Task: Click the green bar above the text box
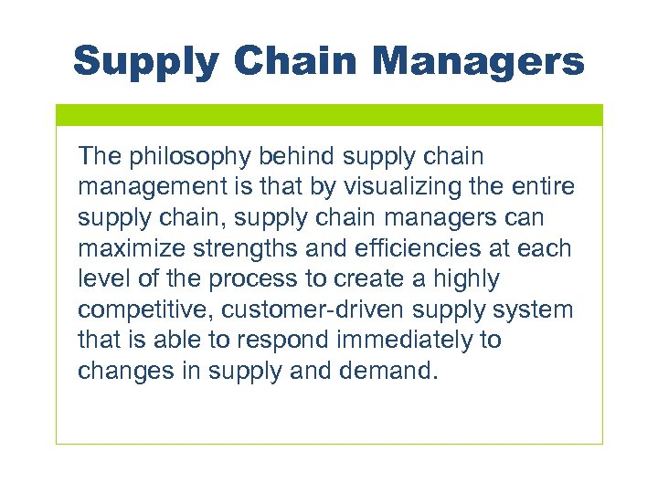(x=329, y=114)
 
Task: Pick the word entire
(x=547, y=187)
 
